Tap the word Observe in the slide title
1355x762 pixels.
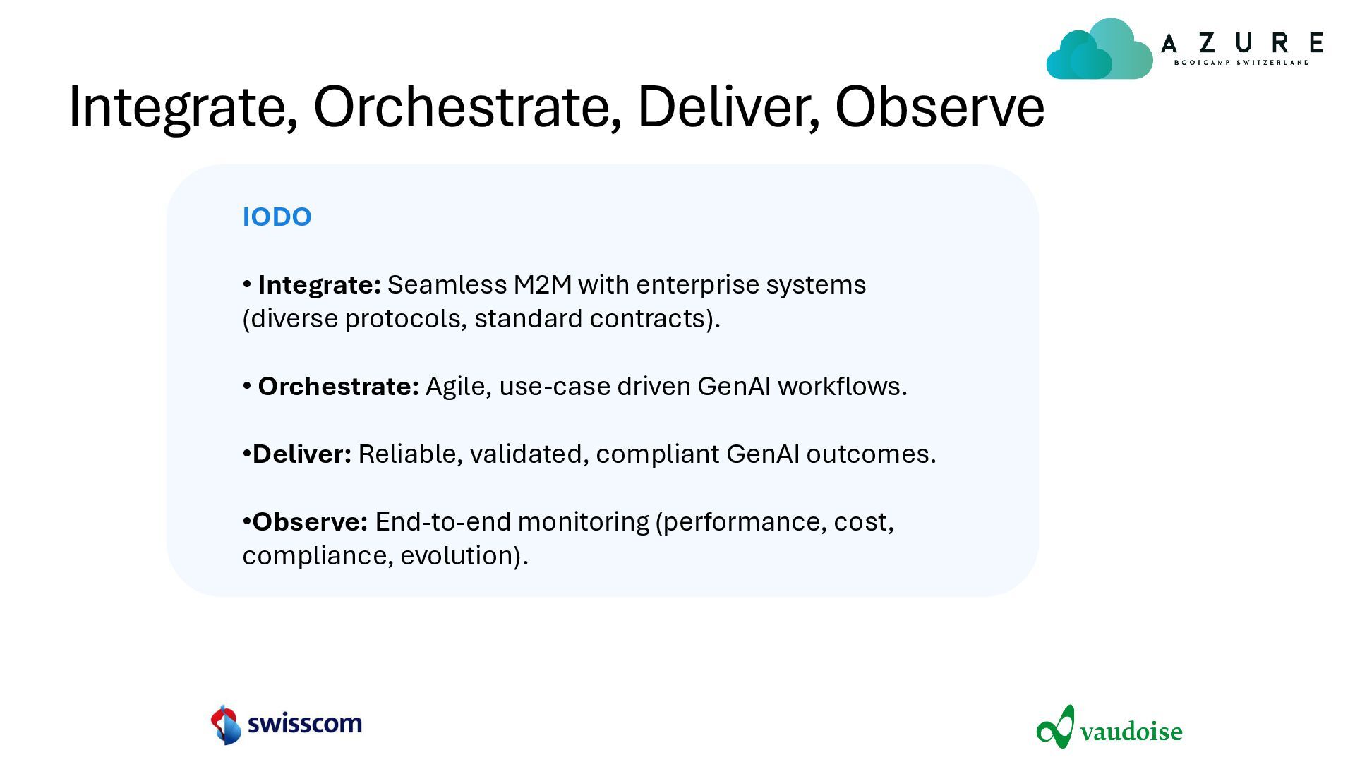coord(939,107)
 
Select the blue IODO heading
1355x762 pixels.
coord(277,217)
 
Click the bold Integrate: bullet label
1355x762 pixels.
coord(319,285)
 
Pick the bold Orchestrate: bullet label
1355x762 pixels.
coord(338,386)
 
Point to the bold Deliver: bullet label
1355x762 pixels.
coord(302,454)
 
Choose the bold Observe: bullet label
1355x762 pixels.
coord(310,521)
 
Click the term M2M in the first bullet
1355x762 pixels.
coord(543,284)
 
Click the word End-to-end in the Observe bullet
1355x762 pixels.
coord(443,521)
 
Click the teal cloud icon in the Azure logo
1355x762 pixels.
coord(1099,49)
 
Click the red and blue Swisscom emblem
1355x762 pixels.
coord(226,725)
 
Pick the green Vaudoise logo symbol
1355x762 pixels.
coord(1056,726)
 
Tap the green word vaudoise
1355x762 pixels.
coord(1131,731)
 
